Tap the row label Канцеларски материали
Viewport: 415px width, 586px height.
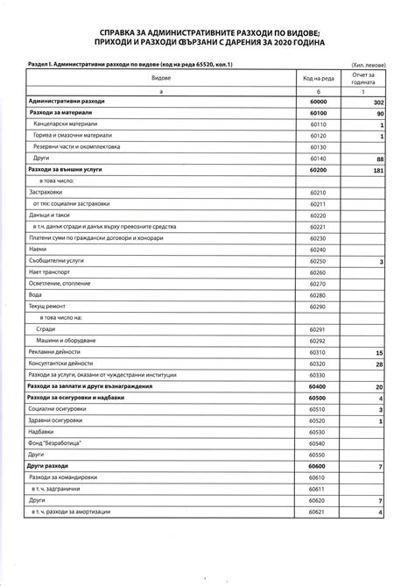click(69, 125)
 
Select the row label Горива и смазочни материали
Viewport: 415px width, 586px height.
click(77, 137)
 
